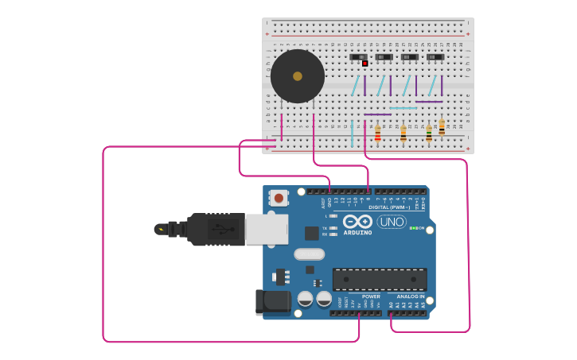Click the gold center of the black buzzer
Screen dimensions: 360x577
coord(298,76)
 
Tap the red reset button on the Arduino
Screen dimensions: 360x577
coord(279,197)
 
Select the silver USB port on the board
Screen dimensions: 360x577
coord(267,229)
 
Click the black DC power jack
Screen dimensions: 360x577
coord(273,301)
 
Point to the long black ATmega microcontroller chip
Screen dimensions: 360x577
coord(380,279)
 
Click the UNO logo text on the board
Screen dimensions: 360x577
coord(392,222)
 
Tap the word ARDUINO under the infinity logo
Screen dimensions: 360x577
coord(358,233)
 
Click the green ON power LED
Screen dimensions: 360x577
coord(412,228)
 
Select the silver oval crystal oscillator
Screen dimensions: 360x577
coord(310,254)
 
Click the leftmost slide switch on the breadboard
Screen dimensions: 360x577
coord(359,57)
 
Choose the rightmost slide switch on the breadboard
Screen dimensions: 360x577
coord(435,57)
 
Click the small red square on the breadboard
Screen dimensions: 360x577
coord(365,64)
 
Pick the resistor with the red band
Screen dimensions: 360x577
coord(377,134)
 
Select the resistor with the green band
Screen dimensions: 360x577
coord(442,127)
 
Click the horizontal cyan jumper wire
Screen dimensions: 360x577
coord(403,108)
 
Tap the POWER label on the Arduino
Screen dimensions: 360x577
coord(371,296)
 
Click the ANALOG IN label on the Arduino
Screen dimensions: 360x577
coord(411,296)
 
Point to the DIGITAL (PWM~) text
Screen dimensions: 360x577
coord(389,207)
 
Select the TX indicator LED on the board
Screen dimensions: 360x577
coord(333,228)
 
